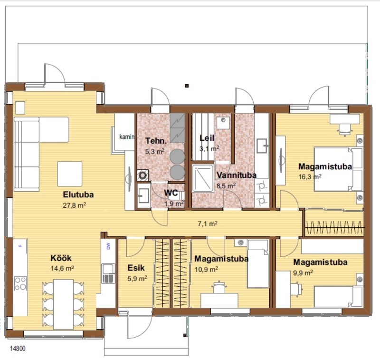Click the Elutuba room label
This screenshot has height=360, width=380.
(78, 195)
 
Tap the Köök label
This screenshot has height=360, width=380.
(61, 258)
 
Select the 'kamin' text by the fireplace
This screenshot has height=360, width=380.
(127, 137)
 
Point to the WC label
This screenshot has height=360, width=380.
(171, 193)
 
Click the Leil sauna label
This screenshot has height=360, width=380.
(207, 138)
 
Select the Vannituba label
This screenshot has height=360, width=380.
(236, 175)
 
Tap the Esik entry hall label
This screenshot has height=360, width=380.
(136, 268)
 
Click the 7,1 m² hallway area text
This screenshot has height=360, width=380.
(208, 224)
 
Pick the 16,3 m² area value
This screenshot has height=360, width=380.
(310, 176)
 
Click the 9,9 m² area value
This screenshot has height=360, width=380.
(303, 272)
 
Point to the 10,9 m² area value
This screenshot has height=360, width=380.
(206, 269)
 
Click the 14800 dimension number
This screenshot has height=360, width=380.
(18, 349)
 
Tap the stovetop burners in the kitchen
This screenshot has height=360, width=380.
(20, 283)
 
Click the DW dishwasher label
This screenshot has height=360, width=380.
(108, 246)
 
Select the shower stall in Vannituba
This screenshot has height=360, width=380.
(203, 178)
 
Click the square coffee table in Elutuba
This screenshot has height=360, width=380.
(69, 174)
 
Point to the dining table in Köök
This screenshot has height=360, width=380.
(63, 304)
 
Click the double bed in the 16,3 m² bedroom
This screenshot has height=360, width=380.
(338, 169)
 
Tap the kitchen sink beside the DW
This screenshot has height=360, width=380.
(108, 273)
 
